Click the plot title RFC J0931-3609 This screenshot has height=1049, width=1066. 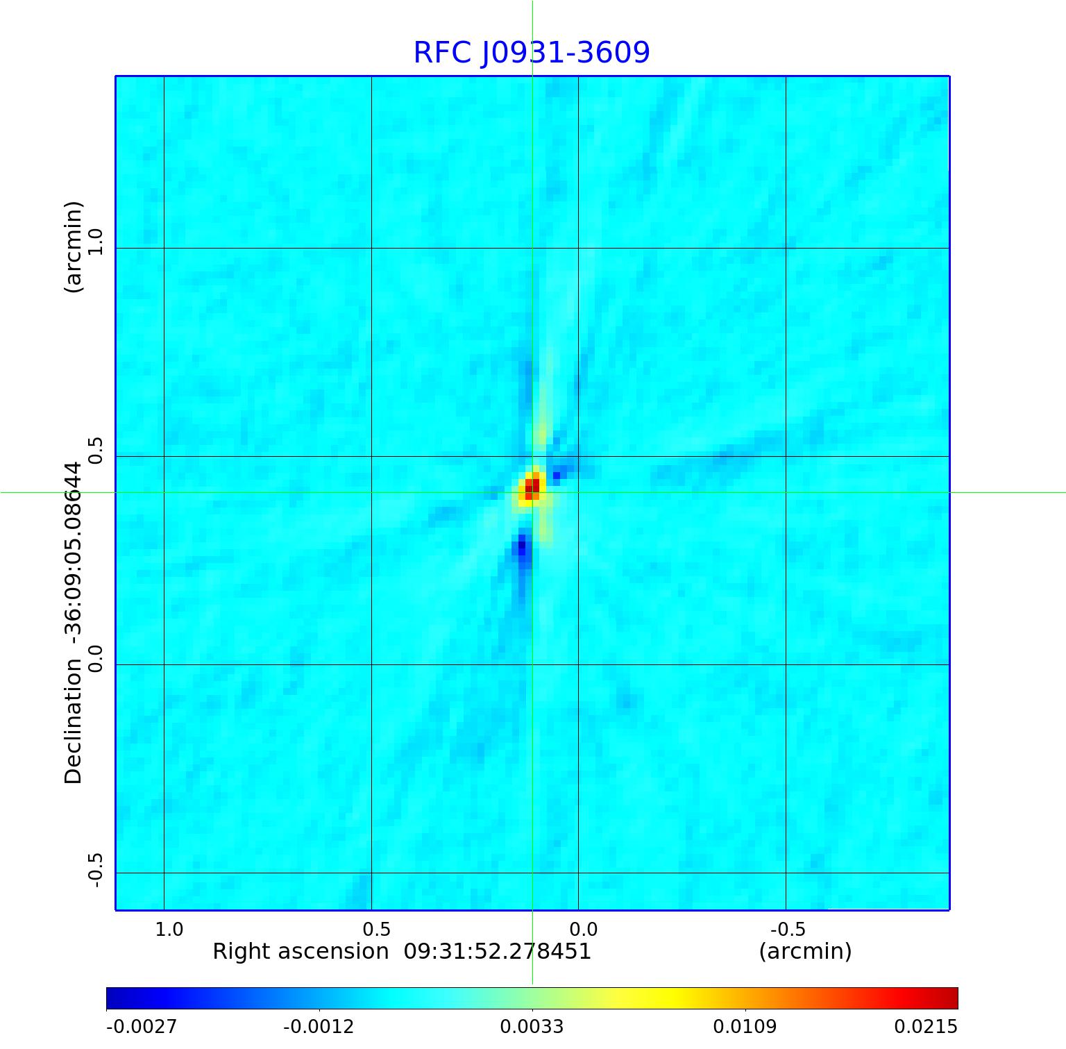(532, 53)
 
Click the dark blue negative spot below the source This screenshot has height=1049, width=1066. (521, 548)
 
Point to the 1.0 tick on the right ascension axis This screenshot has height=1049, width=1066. (169, 929)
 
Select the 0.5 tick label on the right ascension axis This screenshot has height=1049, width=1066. (376, 929)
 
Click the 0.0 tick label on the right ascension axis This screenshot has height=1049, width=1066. (583, 929)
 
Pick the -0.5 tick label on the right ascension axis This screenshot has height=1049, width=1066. (788, 929)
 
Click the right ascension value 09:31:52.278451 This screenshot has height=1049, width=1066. (498, 951)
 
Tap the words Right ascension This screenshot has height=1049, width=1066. (300, 951)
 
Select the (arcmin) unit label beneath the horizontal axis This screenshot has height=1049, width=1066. (805, 951)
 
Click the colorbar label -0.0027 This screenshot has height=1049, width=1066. (142, 1027)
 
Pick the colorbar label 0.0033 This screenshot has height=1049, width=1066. (532, 1027)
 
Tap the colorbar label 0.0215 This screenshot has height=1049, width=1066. (925, 1027)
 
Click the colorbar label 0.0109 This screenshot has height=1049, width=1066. (745, 1027)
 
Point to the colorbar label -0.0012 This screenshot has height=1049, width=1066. (319, 1027)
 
